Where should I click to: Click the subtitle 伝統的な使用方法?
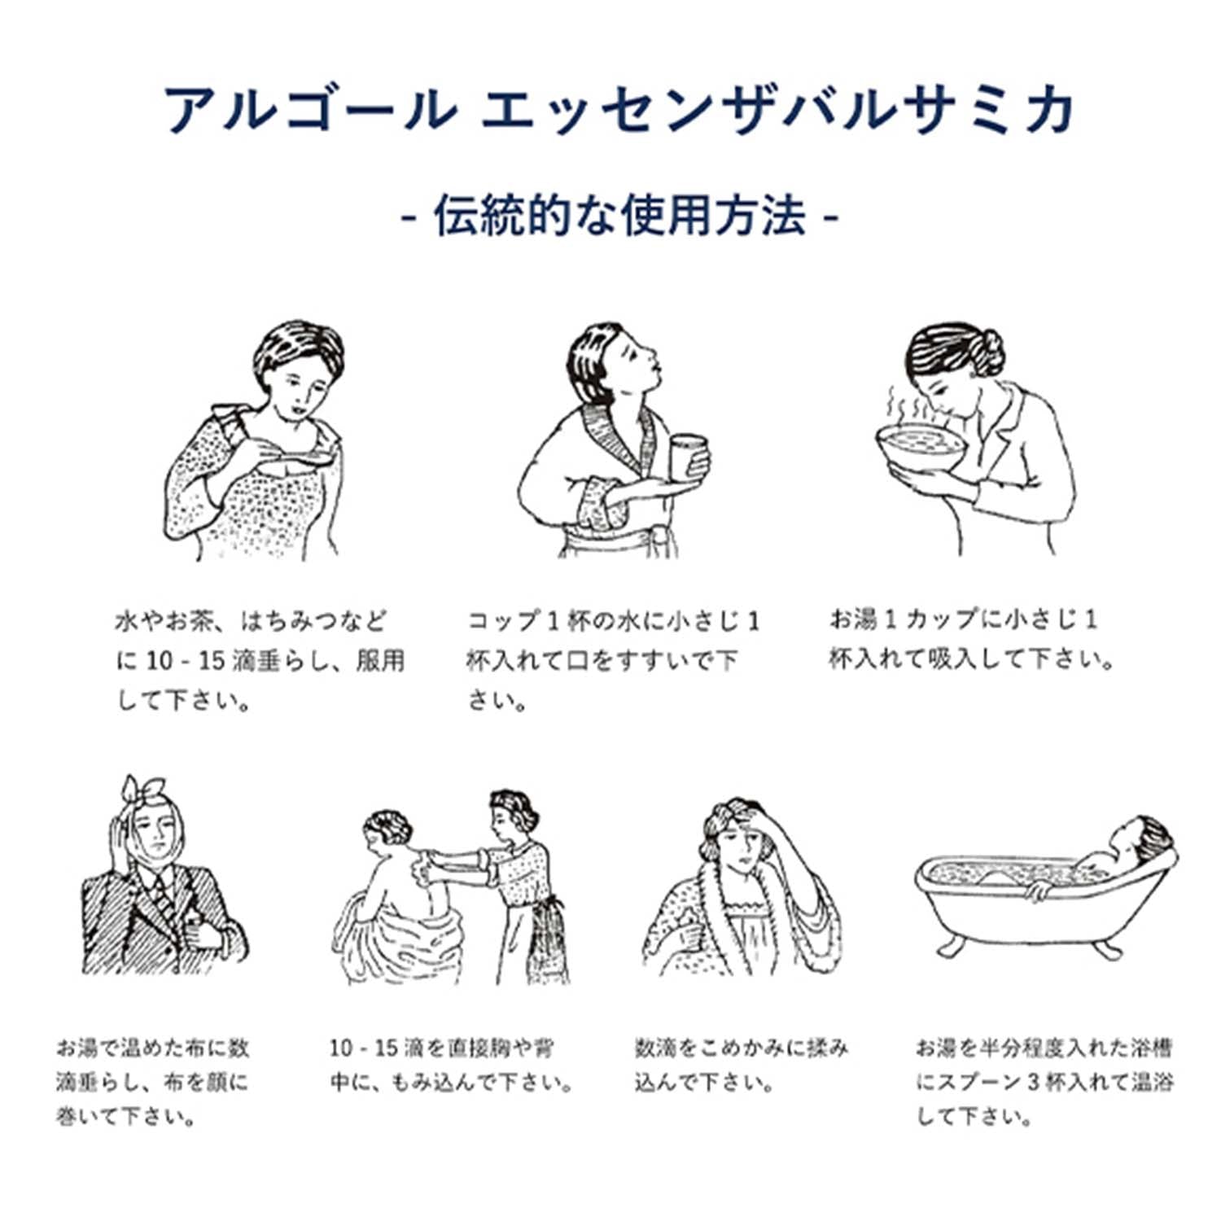click(619, 217)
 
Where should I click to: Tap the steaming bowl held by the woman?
click(921, 447)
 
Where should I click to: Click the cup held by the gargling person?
click(689, 459)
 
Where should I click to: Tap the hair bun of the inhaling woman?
click(988, 352)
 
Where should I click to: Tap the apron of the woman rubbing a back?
click(544, 936)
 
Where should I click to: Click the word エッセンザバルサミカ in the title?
click(777, 111)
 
